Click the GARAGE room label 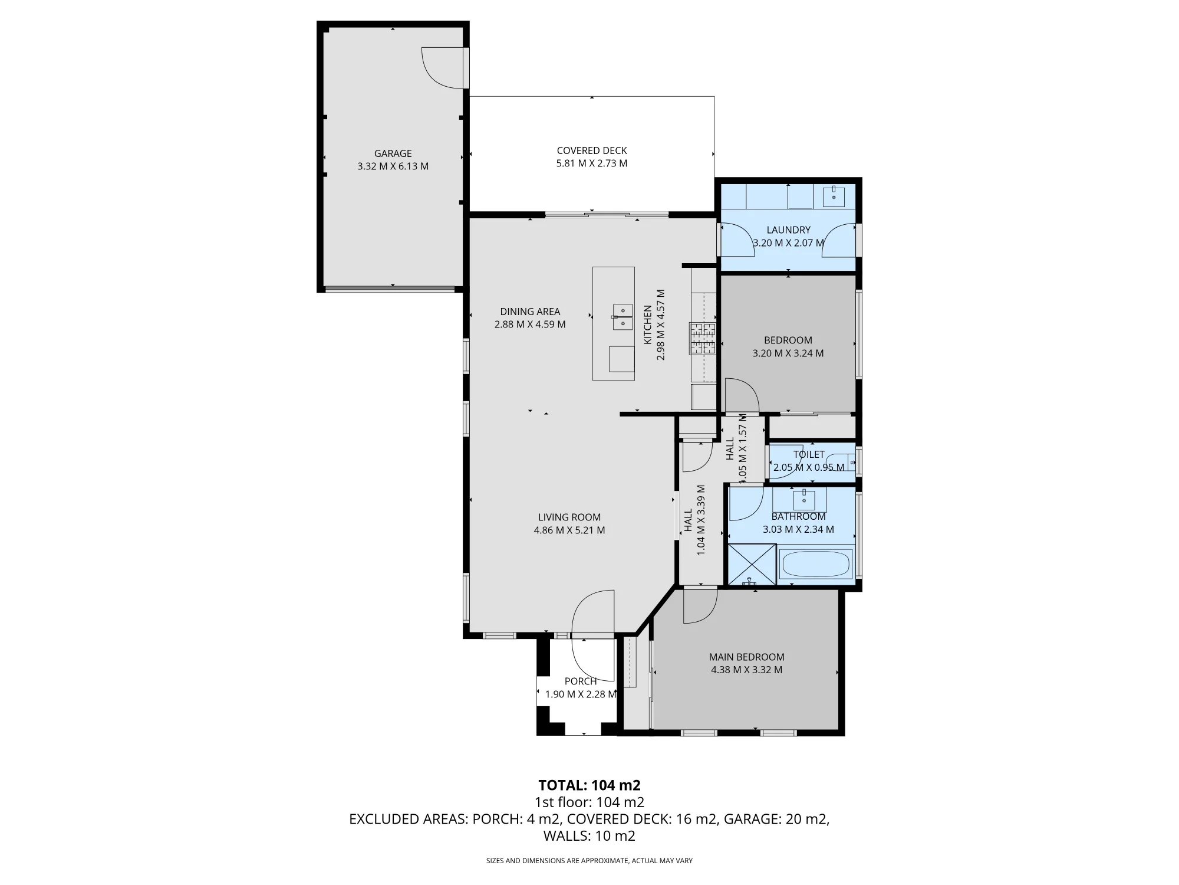click(393, 153)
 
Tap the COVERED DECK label click(592, 150)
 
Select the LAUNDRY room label click(788, 230)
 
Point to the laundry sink click(834, 196)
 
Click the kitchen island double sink click(623, 317)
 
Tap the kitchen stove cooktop click(703, 339)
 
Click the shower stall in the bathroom click(752, 564)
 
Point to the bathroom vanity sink click(803, 500)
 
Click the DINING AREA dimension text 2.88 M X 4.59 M click(530, 324)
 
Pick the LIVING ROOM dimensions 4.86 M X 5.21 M click(569, 530)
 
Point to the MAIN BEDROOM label click(746, 657)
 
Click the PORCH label click(581, 681)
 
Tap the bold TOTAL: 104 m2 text click(589, 785)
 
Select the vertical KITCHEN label click(648, 324)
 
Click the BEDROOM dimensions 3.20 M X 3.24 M click(788, 353)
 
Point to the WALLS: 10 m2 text click(589, 836)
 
